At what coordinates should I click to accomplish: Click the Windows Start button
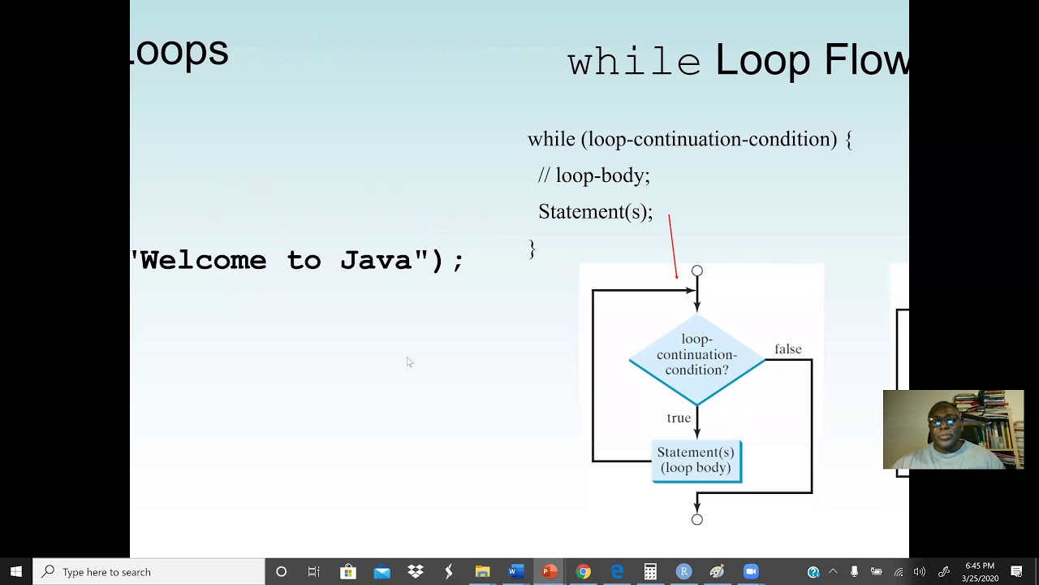point(16,572)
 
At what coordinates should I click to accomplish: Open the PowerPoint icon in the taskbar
point(550,572)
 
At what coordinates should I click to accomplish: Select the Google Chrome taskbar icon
point(583,572)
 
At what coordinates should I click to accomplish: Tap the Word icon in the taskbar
point(515,572)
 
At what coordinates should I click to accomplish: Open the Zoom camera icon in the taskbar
point(751,572)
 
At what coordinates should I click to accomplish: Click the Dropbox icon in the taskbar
point(416,572)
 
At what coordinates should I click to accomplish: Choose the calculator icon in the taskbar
point(650,572)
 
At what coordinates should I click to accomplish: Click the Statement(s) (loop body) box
point(696,461)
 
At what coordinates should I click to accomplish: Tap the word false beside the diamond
point(787,349)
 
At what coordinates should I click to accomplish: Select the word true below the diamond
point(679,418)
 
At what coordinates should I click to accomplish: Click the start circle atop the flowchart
point(696,271)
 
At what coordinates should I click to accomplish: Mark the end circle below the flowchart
point(696,519)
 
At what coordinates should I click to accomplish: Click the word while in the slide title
point(633,62)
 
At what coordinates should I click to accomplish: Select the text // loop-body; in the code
point(593,175)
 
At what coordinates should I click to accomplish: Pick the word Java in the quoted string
point(376,261)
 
